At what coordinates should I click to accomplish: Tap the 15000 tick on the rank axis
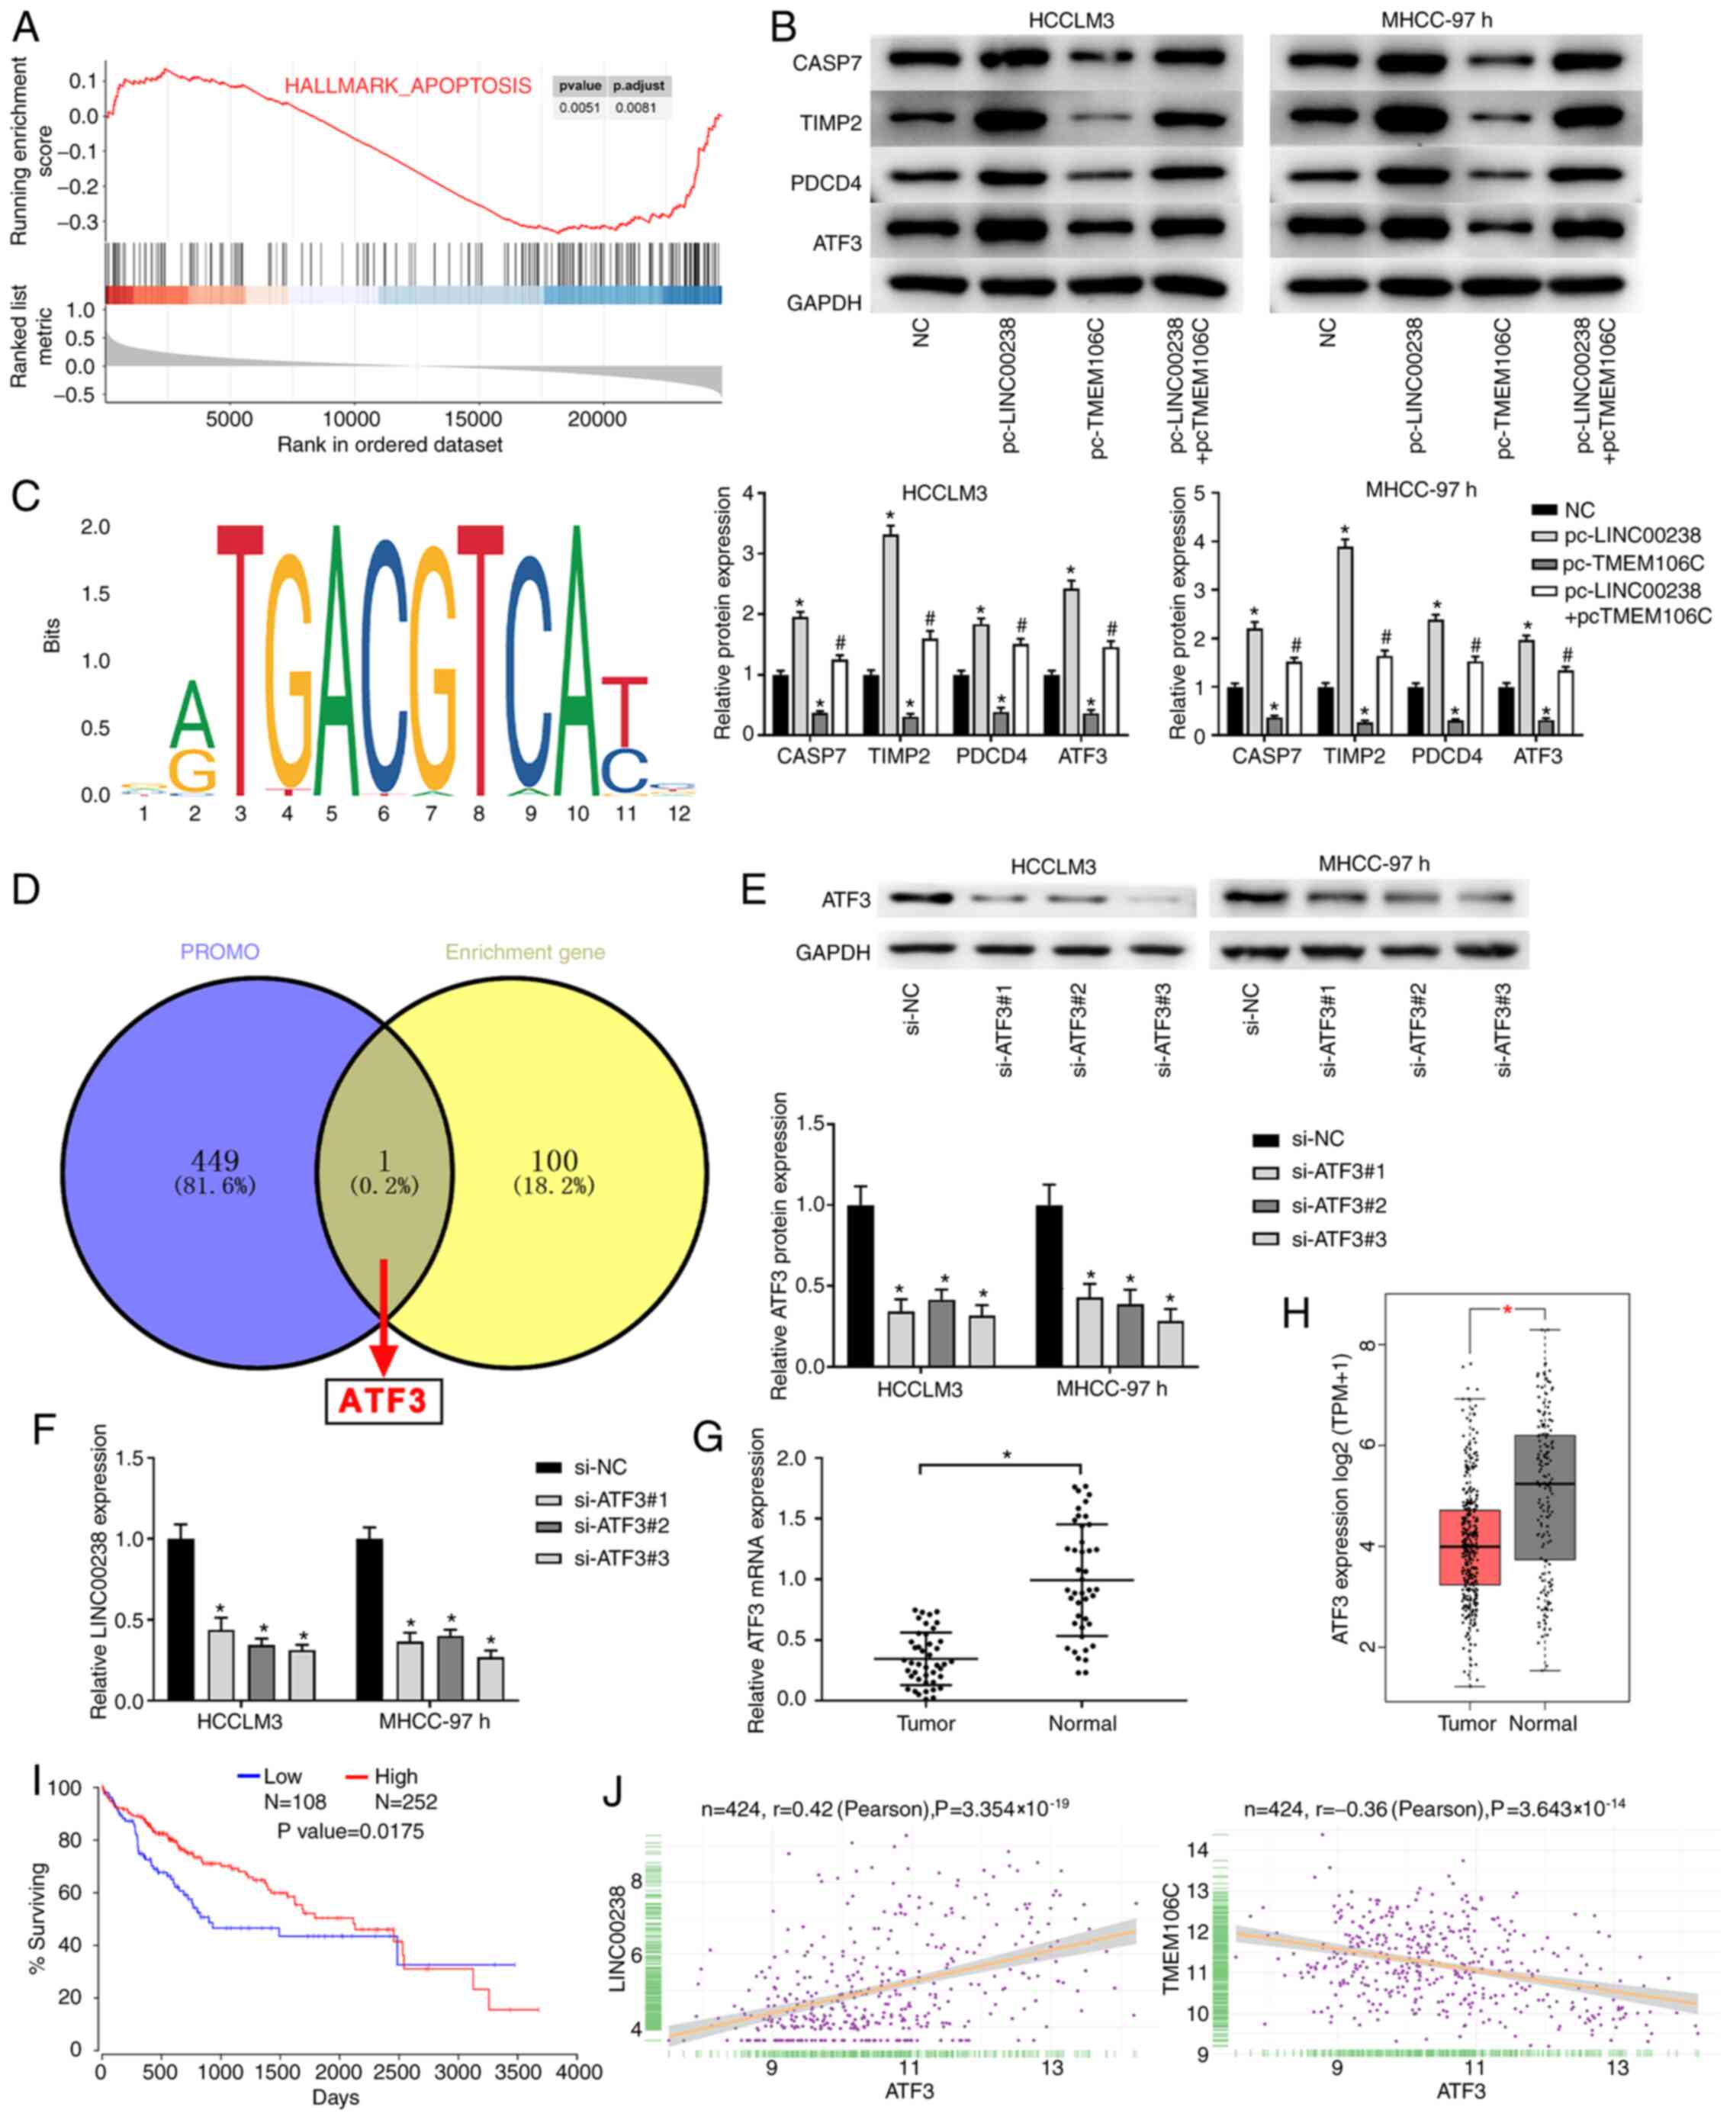point(474,420)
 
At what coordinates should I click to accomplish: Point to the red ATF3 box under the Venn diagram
point(384,1401)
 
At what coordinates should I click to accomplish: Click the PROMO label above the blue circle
point(219,952)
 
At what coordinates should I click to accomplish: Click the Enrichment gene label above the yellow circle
point(524,952)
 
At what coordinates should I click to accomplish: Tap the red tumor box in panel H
point(1469,1547)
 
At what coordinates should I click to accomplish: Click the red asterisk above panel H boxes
point(1507,1310)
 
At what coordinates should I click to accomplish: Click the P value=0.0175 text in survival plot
point(350,1831)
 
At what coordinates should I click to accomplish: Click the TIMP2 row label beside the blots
point(830,124)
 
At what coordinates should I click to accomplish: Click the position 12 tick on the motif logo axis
point(679,813)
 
